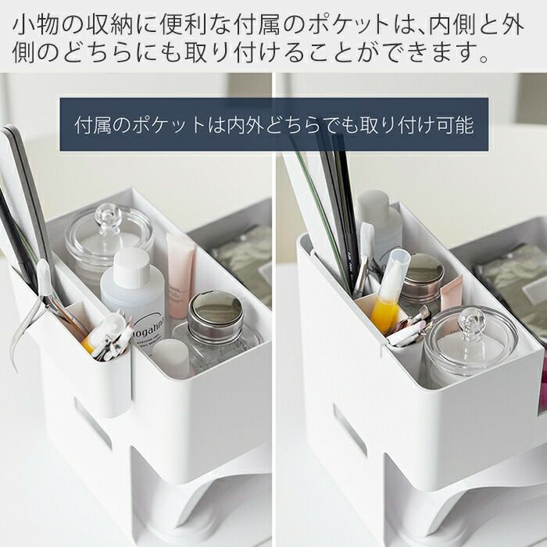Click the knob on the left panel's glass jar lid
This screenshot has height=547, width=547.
[x=108, y=218]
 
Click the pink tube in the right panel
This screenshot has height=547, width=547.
[x=452, y=294]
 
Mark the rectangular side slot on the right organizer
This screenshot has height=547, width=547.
[x=349, y=430]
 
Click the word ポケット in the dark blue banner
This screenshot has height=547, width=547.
[x=170, y=125]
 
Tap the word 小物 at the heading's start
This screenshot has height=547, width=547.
[x=35, y=24]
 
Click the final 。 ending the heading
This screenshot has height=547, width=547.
[x=484, y=58]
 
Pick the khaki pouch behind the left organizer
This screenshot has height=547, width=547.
[x=244, y=258]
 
